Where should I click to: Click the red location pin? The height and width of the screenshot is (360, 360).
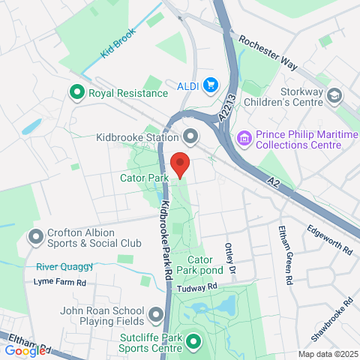click(179, 164)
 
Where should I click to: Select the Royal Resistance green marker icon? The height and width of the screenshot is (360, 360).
click(76, 93)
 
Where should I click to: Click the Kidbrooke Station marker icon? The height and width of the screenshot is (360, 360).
click(190, 137)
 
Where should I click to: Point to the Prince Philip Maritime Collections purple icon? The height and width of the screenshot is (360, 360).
click(243, 138)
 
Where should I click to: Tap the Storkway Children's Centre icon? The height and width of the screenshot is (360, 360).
click(334, 95)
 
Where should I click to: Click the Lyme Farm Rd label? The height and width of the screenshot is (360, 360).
click(61, 283)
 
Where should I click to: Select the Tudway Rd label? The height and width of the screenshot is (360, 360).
click(196, 286)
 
